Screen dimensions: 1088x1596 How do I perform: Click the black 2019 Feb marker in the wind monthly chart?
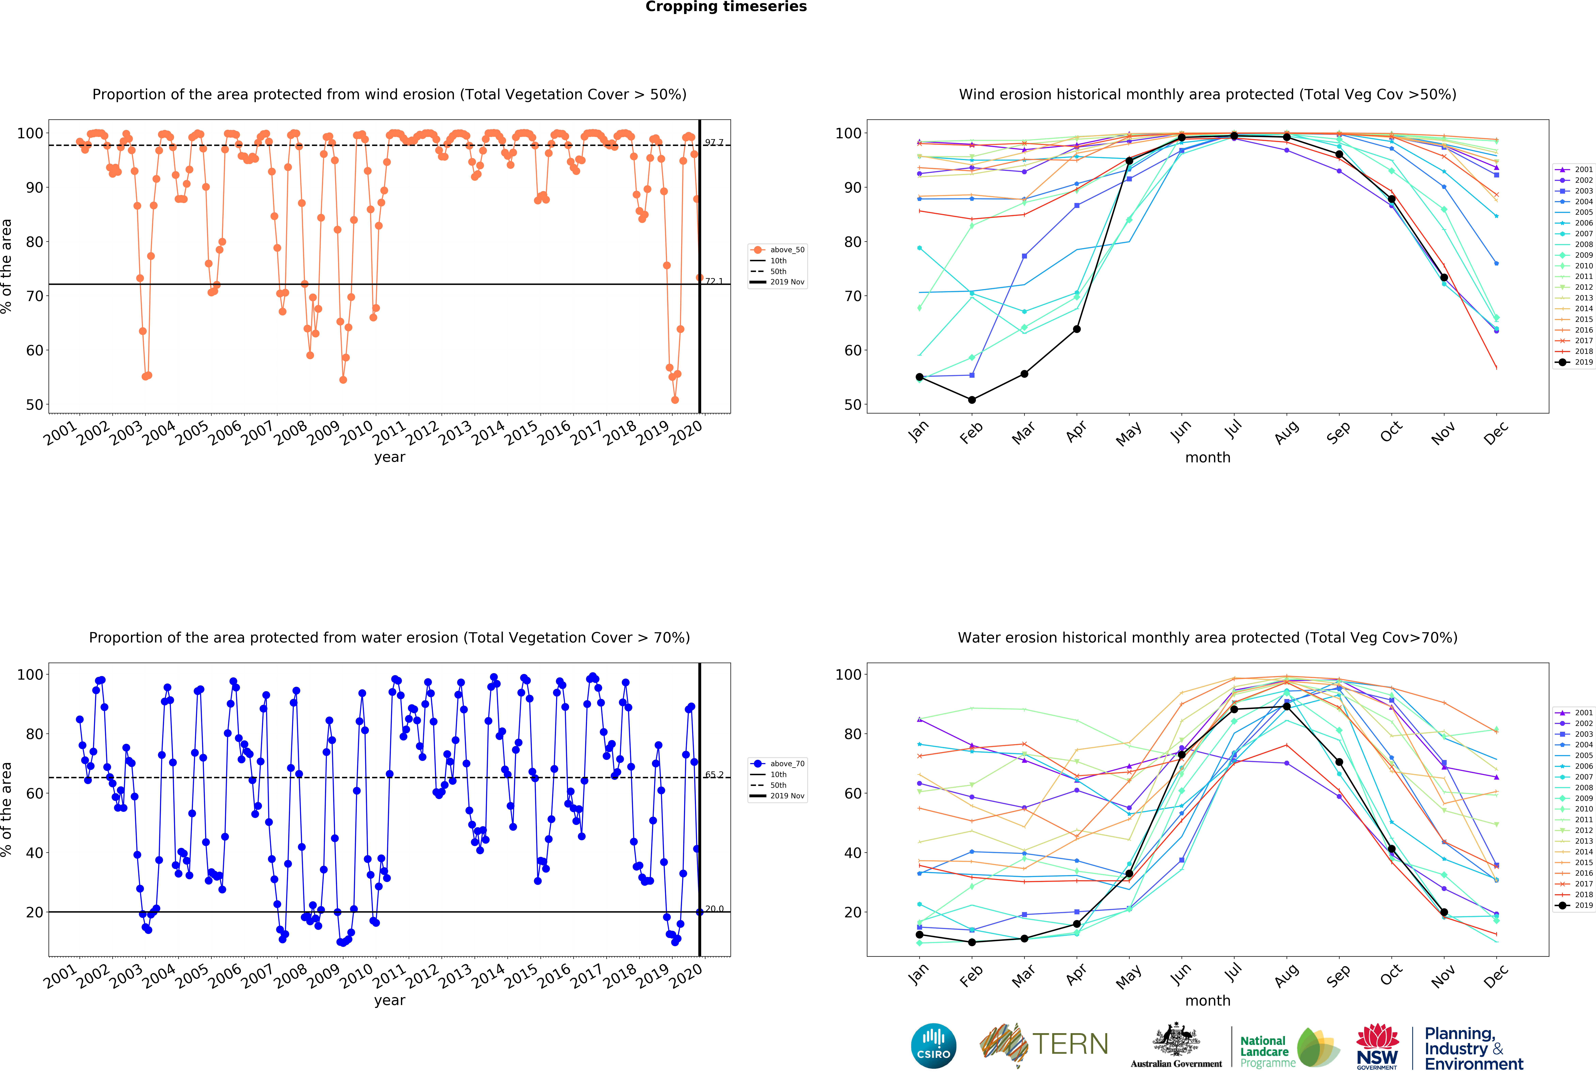(x=972, y=400)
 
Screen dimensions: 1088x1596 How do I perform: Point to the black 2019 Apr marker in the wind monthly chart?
(x=1077, y=329)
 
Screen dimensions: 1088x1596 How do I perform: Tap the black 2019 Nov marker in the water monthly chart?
(x=1444, y=912)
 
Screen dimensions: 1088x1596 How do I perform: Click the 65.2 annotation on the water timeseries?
(x=714, y=775)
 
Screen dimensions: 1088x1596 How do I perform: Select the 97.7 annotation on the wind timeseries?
(x=714, y=142)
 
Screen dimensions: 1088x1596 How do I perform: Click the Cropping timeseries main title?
(x=726, y=7)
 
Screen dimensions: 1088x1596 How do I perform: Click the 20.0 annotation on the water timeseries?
(x=714, y=909)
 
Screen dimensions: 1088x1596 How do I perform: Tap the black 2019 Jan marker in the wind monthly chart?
(x=919, y=377)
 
